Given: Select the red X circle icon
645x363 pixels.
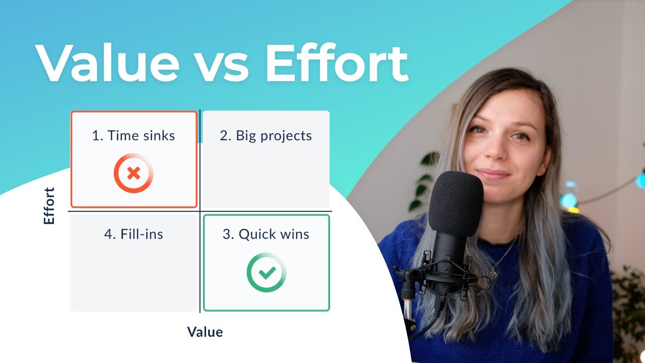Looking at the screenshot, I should coord(134,174).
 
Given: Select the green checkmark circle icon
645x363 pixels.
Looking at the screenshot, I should coord(267,273).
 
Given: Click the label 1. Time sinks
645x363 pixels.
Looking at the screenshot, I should coord(134,136).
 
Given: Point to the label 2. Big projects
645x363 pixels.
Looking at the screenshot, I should coord(266,136).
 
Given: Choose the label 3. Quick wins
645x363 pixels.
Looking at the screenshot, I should coord(266,234).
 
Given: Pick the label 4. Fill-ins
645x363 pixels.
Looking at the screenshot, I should coord(134,234).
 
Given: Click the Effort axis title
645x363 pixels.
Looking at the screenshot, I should coord(49,206).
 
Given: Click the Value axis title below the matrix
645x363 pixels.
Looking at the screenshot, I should coord(205,332).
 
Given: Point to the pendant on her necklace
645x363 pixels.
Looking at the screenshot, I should coord(493,275).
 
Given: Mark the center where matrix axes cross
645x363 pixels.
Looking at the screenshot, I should coord(201,211).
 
